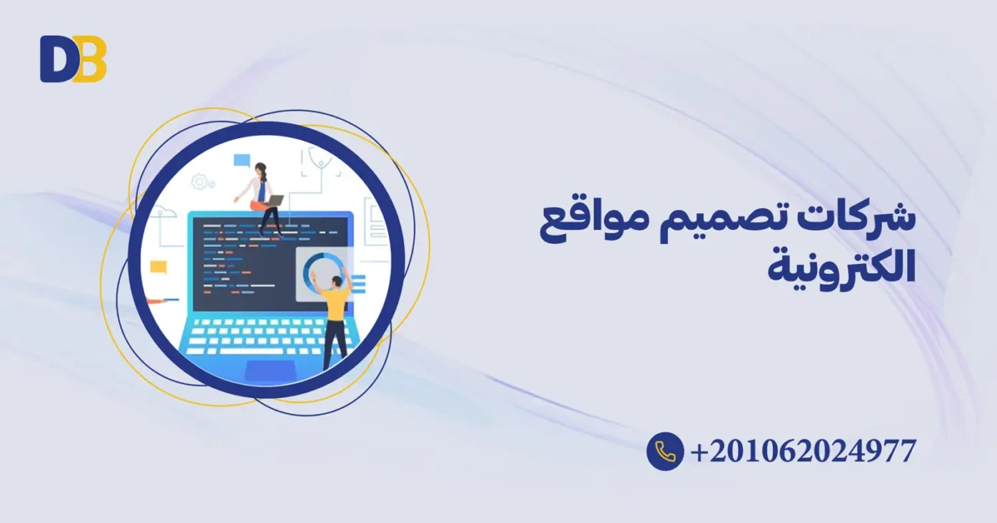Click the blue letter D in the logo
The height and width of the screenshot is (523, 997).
tap(55, 59)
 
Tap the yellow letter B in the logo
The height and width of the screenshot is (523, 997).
tap(91, 59)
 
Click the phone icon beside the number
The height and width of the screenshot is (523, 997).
tap(665, 451)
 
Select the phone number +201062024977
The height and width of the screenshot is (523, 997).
tap(803, 451)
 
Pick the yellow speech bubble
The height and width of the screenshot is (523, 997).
tap(159, 268)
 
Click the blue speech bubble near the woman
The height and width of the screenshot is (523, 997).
tap(242, 160)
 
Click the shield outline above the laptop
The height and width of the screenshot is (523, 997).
tap(321, 159)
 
